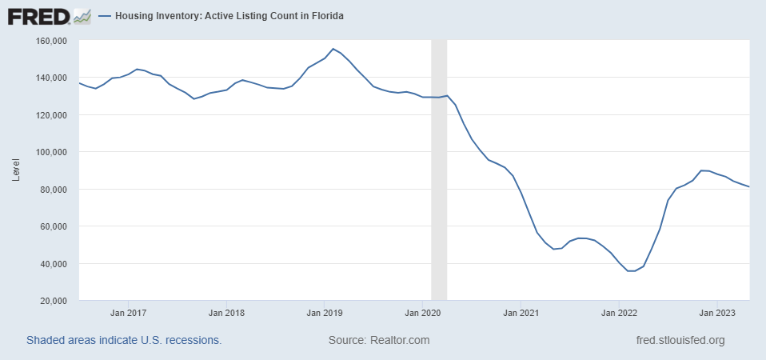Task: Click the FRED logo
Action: (49, 15)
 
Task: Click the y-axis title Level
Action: (16, 170)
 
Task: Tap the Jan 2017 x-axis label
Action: (128, 312)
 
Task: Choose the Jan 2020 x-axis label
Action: (421, 312)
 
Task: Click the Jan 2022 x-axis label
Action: (618, 312)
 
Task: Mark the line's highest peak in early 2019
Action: (333, 49)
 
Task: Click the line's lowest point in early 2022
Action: (631, 271)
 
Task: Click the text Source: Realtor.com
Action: (378, 340)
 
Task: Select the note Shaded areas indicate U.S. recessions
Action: (124, 340)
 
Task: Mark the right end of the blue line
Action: (749, 187)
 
